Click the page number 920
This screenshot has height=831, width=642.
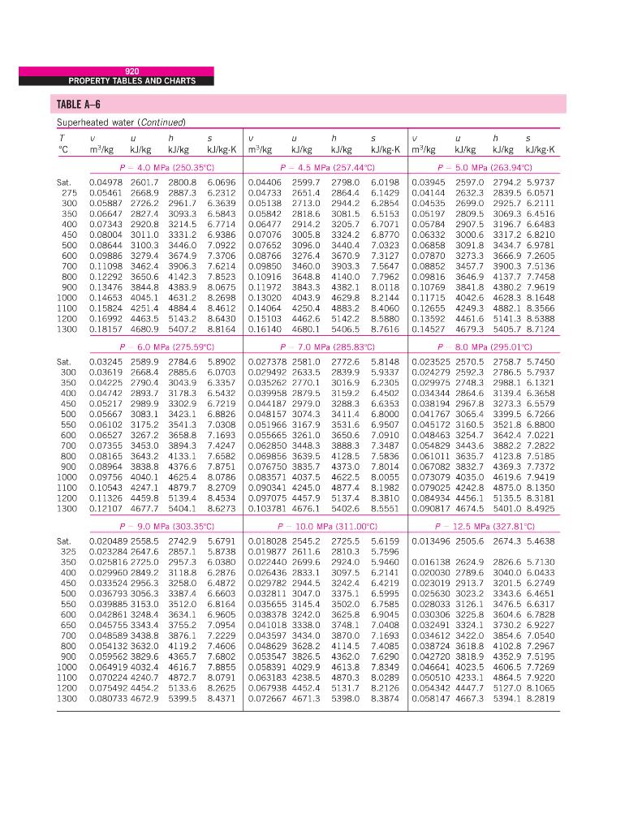click(132, 71)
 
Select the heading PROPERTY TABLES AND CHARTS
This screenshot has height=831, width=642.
click(132, 80)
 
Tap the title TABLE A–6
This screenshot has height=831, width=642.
click(79, 105)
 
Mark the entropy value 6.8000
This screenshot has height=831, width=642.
click(384, 412)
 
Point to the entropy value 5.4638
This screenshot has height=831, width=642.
click(541, 540)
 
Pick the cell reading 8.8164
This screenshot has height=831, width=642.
click(222, 330)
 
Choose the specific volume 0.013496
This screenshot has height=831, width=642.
click(432, 540)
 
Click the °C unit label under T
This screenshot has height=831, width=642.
click(62, 150)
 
